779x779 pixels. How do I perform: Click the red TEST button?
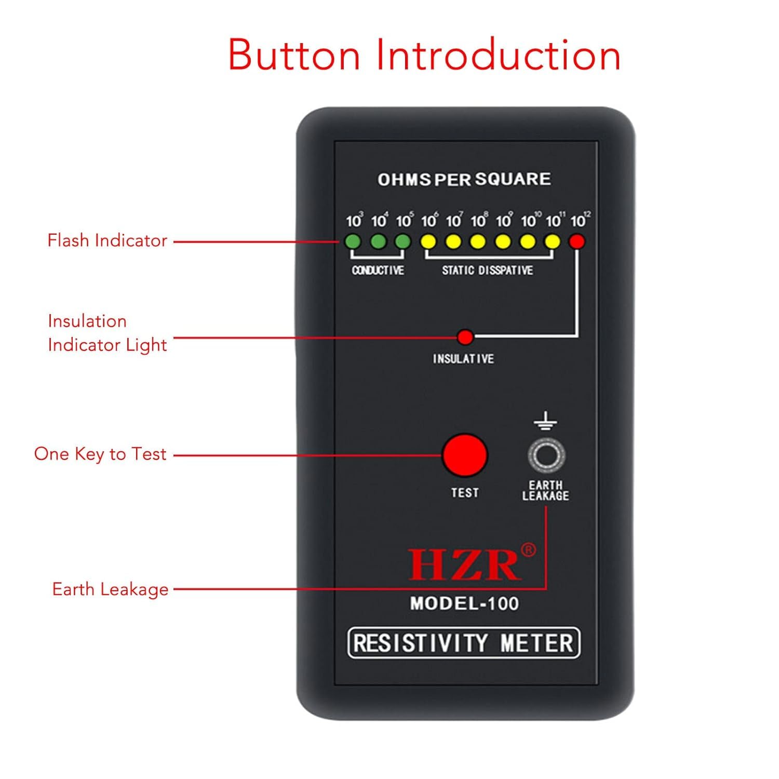pyautogui.click(x=464, y=455)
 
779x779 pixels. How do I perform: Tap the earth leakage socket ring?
pyautogui.click(x=546, y=455)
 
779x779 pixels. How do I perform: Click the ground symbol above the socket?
pyautogui.click(x=545, y=421)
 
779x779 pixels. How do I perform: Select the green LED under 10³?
pyautogui.click(x=353, y=241)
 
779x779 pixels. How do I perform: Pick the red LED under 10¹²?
pyautogui.click(x=577, y=241)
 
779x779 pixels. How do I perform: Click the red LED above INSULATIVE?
pyautogui.click(x=465, y=338)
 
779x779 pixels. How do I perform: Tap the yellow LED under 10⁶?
pyautogui.click(x=428, y=241)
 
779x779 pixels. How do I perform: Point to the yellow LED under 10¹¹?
pyautogui.click(x=553, y=241)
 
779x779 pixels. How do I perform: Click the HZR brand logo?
pyautogui.click(x=464, y=565)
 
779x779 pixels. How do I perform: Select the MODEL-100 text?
pyautogui.click(x=464, y=603)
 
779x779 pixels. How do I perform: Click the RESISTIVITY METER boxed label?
pyautogui.click(x=463, y=643)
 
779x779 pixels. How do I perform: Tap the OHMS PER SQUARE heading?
pyautogui.click(x=464, y=179)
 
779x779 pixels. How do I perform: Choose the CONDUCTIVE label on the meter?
pyautogui.click(x=378, y=270)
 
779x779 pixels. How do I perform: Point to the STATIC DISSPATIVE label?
pyautogui.click(x=487, y=270)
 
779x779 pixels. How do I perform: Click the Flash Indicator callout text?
pyautogui.click(x=108, y=240)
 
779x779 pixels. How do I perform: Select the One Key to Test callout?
pyautogui.click(x=100, y=454)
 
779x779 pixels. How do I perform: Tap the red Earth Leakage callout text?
pyautogui.click(x=110, y=589)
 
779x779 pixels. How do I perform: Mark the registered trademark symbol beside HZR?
pyautogui.click(x=528, y=549)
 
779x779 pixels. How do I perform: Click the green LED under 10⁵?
pyautogui.click(x=403, y=241)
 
